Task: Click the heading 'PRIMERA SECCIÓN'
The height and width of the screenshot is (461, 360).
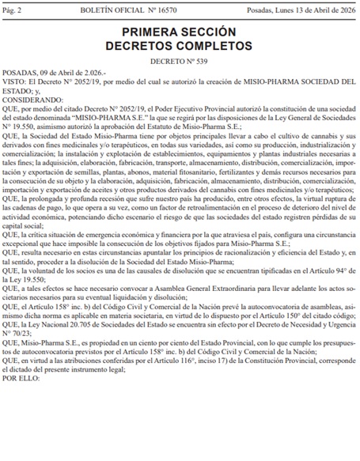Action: coord(179,32)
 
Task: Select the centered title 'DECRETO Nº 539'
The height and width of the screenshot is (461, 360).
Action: coord(179,63)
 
